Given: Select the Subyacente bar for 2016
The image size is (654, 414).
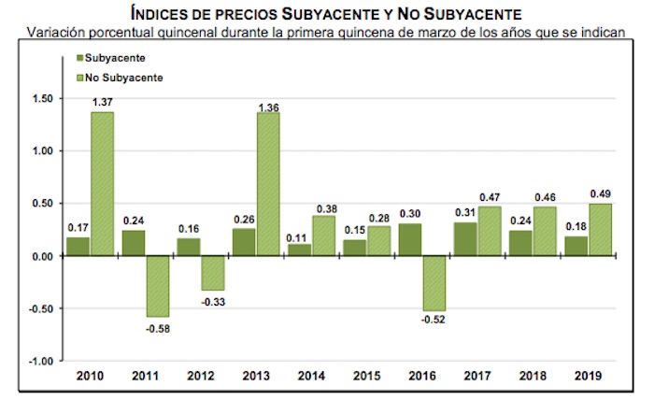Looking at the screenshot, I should pyautogui.click(x=410, y=240).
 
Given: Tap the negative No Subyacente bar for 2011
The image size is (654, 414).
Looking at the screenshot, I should pyautogui.click(x=157, y=286).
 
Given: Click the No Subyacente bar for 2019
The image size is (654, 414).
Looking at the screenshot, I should pyautogui.click(x=602, y=230).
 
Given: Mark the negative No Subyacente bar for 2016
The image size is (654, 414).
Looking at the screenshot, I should pyautogui.click(x=434, y=283).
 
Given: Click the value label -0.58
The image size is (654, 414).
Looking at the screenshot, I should pyautogui.click(x=157, y=328).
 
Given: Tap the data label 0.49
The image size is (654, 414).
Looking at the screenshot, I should pyautogui.click(x=602, y=194).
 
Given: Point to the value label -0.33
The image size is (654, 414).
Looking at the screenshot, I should pyautogui.click(x=212, y=301).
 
